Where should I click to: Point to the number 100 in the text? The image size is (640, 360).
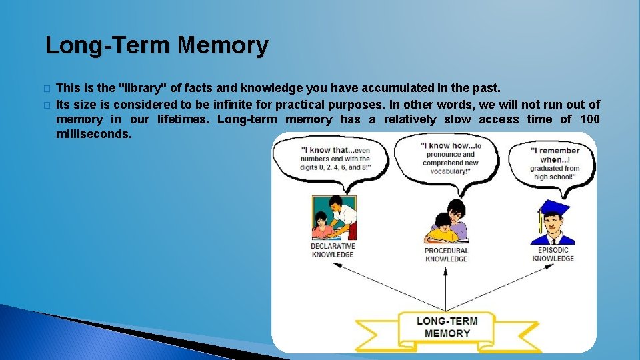click(x=589, y=119)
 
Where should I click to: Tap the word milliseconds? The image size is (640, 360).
click(x=94, y=134)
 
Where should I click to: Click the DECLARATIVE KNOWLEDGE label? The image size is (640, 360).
click(x=333, y=250)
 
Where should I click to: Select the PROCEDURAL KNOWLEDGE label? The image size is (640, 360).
click(x=446, y=255)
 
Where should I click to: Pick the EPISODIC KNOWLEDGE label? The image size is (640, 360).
click(x=553, y=254)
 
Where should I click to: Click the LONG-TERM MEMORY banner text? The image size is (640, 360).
click(x=447, y=327)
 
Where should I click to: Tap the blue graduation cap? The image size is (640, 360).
click(x=553, y=207)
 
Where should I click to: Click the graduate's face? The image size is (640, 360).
click(x=553, y=226)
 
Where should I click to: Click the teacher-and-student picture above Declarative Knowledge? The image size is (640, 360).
click(x=334, y=217)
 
